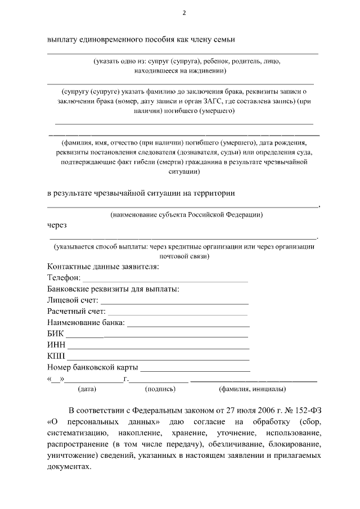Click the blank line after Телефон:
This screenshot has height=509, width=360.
tap(165, 278)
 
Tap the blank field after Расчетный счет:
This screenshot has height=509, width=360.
tap(178, 312)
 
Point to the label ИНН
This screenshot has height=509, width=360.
tap(56, 345)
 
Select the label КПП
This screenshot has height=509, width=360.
tap(56, 357)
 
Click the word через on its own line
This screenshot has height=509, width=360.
tap(57, 226)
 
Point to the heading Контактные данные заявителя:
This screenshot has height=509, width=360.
tap(103, 267)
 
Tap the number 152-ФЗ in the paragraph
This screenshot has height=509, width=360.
tap(304, 409)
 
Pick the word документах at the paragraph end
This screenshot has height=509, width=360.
tap(68, 467)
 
